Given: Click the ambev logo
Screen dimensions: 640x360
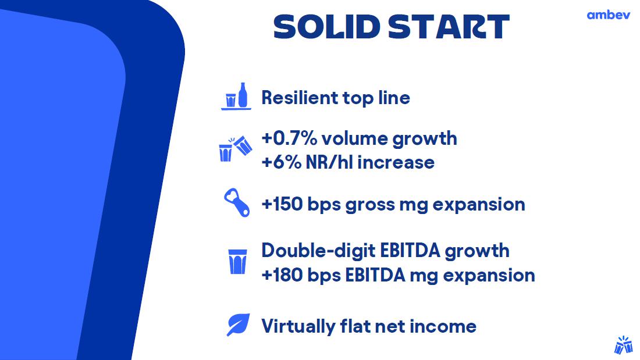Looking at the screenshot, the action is (x=608, y=15).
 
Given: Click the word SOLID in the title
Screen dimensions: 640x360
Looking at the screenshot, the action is (x=326, y=27).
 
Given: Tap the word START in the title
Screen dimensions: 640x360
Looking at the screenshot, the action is (x=449, y=27).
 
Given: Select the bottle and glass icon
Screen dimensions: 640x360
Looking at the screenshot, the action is (x=236, y=97).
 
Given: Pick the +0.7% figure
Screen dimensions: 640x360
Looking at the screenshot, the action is (x=289, y=138).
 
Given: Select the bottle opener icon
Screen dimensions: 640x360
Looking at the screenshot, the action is (x=237, y=202).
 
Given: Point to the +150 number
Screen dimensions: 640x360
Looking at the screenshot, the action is (x=282, y=204).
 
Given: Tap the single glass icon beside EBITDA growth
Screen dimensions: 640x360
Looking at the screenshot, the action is (x=237, y=261).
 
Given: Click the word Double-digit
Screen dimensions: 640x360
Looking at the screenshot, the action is (x=318, y=251).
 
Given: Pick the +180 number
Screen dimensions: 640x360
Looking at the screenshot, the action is (x=282, y=275).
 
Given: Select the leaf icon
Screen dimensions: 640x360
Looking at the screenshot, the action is (x=238, y=325).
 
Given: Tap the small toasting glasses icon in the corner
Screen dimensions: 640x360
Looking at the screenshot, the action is (x=623, y=345).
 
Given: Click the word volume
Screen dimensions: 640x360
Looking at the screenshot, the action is (x=354, y=139).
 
